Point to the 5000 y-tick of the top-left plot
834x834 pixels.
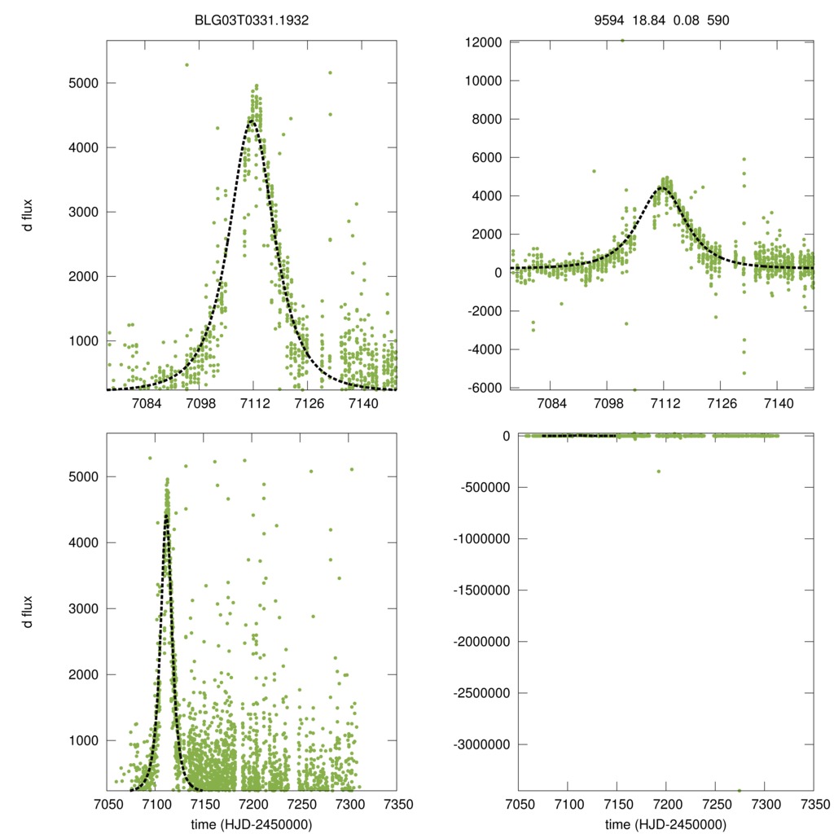(x=81, y=83)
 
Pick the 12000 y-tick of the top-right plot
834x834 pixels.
(x=481, y=42)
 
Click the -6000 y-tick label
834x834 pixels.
(x=482, y=388)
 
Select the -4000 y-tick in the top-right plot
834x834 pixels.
(x=482, y=349)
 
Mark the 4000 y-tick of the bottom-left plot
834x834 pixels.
(x=81, y=542)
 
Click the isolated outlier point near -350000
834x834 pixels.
(x=658, y=472)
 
